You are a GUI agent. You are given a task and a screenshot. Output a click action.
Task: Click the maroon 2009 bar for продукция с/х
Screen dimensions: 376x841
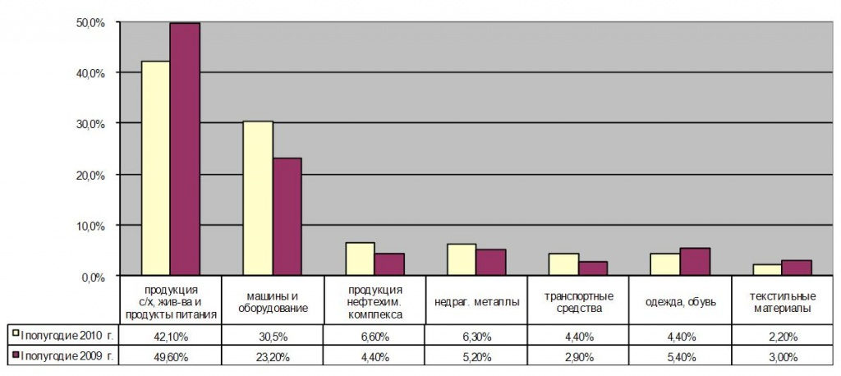(185, 149)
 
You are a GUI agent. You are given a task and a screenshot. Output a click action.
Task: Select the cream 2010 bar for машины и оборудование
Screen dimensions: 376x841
(258, 198)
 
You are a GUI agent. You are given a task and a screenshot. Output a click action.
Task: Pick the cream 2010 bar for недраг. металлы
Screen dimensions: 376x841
(462, 259)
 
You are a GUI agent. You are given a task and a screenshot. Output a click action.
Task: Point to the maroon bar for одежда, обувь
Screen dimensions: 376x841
(695, 262)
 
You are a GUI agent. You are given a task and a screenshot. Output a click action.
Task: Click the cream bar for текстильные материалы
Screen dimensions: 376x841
(767, 270)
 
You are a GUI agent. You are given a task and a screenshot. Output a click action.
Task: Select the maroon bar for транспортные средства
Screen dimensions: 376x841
(593, 268)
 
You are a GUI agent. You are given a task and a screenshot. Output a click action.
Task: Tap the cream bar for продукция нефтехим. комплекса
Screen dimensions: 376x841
(360, 259)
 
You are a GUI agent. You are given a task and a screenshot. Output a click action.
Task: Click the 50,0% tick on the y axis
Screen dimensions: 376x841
(90, 22)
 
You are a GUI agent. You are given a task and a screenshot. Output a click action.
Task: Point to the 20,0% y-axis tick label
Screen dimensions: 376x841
(90, 175)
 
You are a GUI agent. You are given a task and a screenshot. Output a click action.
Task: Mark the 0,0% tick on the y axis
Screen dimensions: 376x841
(92, 277)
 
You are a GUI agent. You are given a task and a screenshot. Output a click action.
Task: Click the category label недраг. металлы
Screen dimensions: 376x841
(476, 302)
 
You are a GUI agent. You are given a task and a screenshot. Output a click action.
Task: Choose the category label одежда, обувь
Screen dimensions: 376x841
(679, 302)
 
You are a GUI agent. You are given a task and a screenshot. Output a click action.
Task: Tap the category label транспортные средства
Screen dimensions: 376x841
(577, 302)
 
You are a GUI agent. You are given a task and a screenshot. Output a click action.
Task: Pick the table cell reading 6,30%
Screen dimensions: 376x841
(476, 336)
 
